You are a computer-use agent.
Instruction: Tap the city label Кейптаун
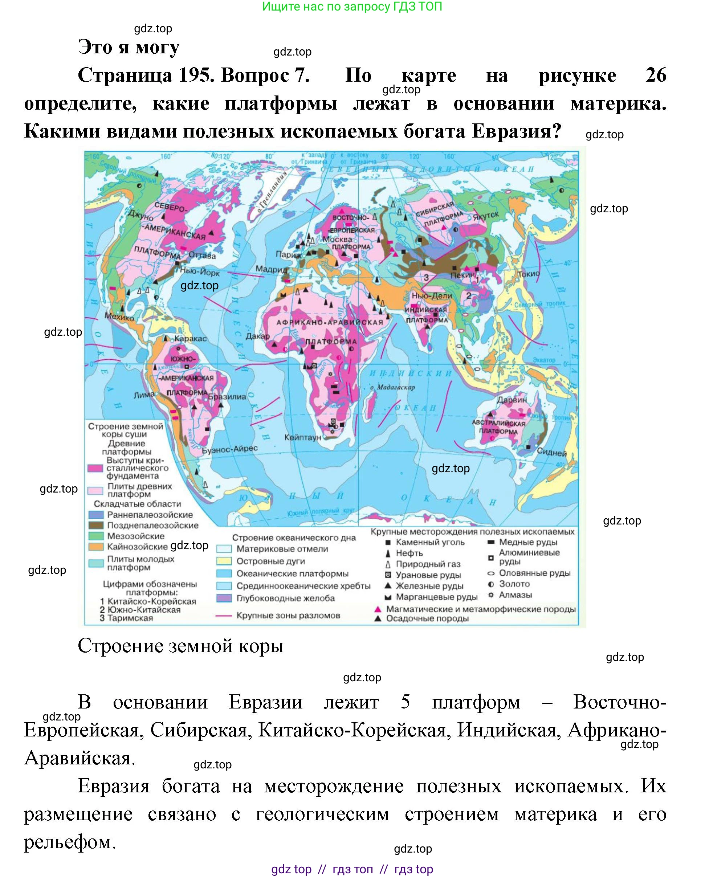pyautogui.click(x=303, y=437)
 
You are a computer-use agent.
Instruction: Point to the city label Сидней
pyautogui.click(x=551, y=452)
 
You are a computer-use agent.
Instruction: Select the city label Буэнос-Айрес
pyautogui.click(x=230, y=449)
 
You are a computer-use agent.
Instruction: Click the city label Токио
pyautogui.click(x=528, y=274)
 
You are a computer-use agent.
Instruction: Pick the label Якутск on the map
pyautogui.click(x=485, y=216)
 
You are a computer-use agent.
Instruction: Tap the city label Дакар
pyautogui.click(x=257, y=336)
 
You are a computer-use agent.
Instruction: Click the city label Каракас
pyautogui.click(x=191, y=338)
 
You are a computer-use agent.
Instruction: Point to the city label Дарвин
pyautogui.click(x=512, y=400)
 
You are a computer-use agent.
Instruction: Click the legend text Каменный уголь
pyautogui.click(x=430, y=542)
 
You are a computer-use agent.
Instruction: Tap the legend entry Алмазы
pyautogui.click(x=515, y=595)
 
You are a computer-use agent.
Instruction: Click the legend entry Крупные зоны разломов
pyautogui.click(x=288, y=615)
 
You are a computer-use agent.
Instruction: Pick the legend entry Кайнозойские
pyautogui.click(x=137, y=547)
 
